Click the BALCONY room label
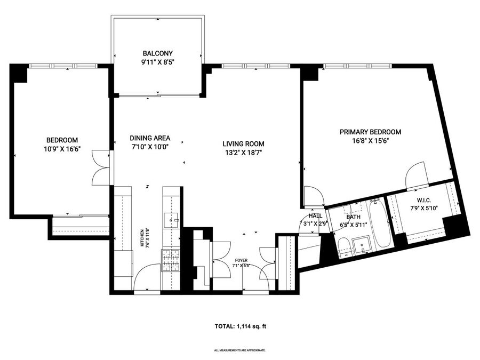pyautogui.click(x=158, y=53)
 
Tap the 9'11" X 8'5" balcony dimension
pyautogui.click(x=158, y=62)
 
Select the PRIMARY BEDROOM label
pyautogui.click(x=371, y=132)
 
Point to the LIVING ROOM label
pyautogui.click(x=243, y=144)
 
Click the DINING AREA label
pyautogui.click(x=150, y=138)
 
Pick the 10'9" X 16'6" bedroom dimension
pyautogui.click(x=62, y=149)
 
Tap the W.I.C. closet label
pyautogui.click(x=424, y=201)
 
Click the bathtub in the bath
pyautogui.click(x=380, y=223)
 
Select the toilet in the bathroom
pyautogui.click(x=344, y=247)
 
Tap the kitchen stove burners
pyautogui.click(x=171, y=260)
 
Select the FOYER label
pyautogui.click(x=241, y=260)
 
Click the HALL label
pyautogui.click(x=315, y=216)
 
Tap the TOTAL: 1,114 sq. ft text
pyautogui.click(x=241, y=326)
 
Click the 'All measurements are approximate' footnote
pyautogui.click(x=239, y=350)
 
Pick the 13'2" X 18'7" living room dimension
pyautogui.click(x=243, y=153)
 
